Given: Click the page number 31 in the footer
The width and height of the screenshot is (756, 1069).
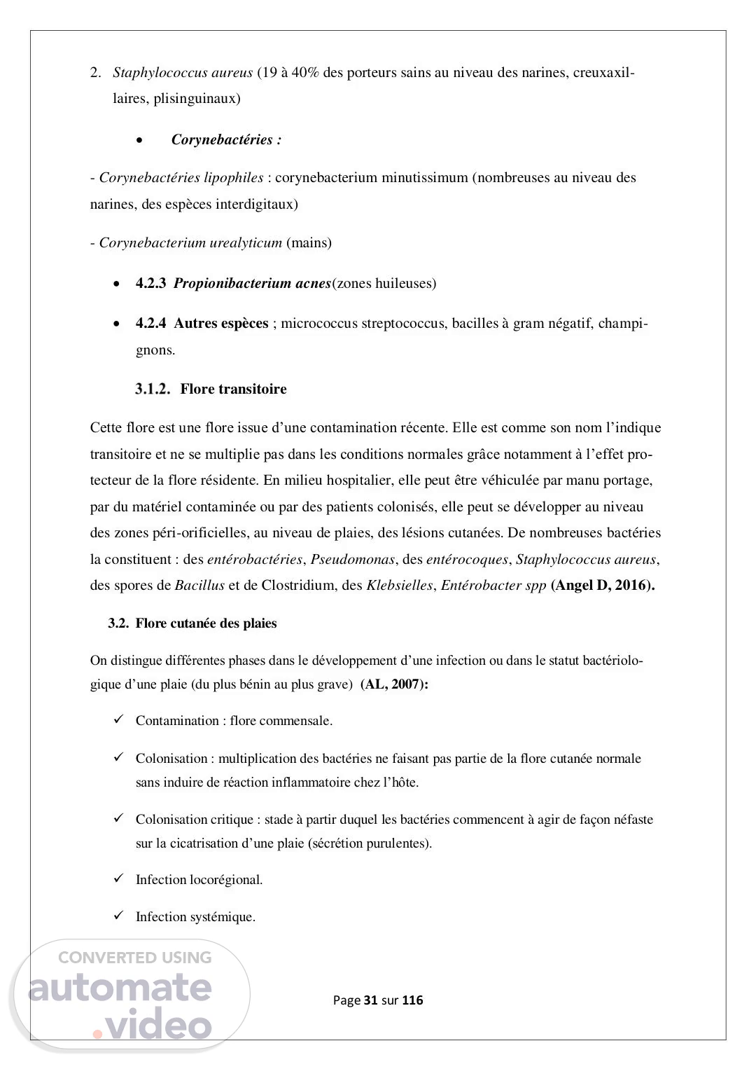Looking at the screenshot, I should point(371,1000).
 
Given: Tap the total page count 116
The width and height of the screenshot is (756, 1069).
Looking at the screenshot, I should point(413,1000).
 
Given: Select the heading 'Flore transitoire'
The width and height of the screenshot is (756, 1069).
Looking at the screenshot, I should point(233,389).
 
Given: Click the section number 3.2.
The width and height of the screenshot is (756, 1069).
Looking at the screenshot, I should point(118,623).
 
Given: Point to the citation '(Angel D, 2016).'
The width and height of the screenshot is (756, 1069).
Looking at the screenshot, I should point(603,586).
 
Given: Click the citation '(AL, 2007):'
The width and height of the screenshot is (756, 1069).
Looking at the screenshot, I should point(394,685).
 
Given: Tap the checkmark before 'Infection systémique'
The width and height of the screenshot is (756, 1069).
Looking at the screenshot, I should point(120,916).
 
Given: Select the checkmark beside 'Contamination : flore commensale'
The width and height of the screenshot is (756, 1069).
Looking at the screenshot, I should point(120,719).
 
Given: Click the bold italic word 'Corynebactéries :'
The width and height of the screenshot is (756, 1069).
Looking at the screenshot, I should point(226,140).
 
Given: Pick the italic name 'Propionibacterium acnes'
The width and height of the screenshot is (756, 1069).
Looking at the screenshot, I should point(252,284).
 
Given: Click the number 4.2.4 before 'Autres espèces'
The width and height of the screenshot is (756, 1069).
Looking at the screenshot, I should point(150,324).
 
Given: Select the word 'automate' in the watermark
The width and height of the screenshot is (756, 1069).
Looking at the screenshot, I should point(120,988).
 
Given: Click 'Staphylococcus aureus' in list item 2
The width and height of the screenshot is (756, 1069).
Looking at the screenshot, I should point(183,73).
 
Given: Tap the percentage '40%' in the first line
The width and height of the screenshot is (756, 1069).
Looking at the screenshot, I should point(304,73).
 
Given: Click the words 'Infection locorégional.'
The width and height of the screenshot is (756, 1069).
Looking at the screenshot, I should point(199,880).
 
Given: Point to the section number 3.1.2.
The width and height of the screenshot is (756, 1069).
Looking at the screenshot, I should point(153,389).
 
